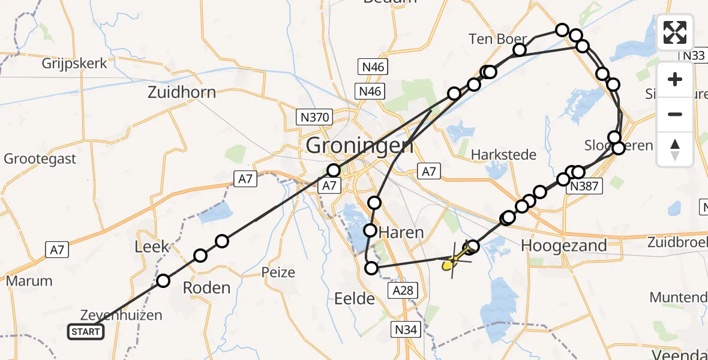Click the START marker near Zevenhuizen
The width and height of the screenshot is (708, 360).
pos(86,332)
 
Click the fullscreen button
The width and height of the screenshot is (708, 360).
pos(675,32)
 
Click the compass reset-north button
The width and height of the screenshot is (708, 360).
pos(675,149)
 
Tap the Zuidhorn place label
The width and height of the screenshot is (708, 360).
pos(182,93)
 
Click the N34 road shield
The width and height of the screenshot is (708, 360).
pos(406,329)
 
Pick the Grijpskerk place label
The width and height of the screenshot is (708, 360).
pos(74,63)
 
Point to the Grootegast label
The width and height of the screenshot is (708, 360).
pos(40,159)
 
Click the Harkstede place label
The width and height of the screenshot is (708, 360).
pos(503,155)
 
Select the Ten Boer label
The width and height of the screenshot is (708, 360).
pos(497,39)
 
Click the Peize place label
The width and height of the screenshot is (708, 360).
pos(278,272)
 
